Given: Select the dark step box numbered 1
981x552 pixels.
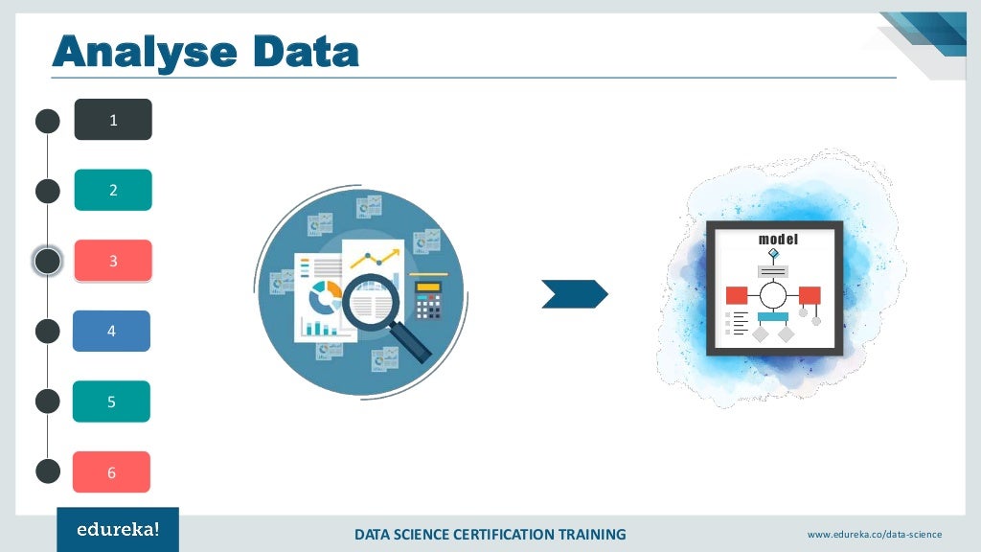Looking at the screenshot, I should [x=113, y=120].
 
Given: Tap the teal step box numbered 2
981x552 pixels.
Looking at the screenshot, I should [x=113, y=190].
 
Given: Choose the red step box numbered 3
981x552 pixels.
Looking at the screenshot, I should [x=113, y=261].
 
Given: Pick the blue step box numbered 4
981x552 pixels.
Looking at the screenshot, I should [x=111, y=331].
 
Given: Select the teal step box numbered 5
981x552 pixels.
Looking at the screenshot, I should [x=111, y=402].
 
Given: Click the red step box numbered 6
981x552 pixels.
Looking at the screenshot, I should [x=111, y=472].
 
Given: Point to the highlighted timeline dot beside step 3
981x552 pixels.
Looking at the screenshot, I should [x=48, y=261].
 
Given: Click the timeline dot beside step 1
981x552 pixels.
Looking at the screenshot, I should [x=48, y=121].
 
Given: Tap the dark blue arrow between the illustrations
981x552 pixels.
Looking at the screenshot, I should [x=574, y=294].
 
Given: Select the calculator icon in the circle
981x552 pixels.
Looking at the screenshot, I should [x=427, y=298].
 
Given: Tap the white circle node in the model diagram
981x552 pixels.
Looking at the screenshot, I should [x=773, y=294].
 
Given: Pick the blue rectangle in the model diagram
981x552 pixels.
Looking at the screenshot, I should [x=773, y=316].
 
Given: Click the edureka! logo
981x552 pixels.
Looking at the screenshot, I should [x=117, y=530].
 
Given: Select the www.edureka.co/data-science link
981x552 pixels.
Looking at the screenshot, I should [x=874, y=534].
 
